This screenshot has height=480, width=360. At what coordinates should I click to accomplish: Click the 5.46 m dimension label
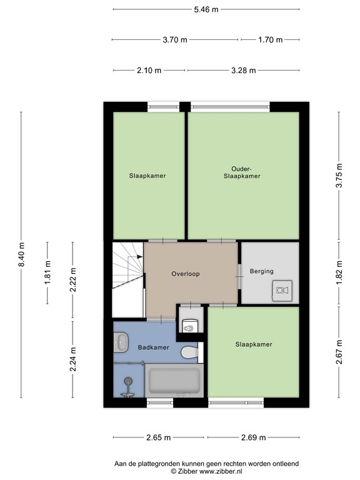[x=206, y=9]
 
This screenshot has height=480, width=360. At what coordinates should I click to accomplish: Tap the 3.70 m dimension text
[x=175, y=40]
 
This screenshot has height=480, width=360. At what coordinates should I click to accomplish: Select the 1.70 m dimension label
[x=271, y=40]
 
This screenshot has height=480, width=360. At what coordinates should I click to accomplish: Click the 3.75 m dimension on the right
[x=339, y=176]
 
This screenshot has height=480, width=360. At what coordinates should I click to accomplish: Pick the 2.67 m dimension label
[x=339, y=351]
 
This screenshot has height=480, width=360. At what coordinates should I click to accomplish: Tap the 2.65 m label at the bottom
[x=159, y=437]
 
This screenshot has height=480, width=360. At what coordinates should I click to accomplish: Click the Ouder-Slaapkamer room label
[x=242, y=172]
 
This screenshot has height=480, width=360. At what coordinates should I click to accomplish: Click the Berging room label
[x=262, y=271]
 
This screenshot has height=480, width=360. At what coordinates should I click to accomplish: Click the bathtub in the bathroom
[x=174, y=380]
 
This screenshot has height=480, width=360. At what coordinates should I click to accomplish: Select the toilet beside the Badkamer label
[x=189, y=353]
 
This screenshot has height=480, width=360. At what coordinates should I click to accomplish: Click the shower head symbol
[x=129, y=382]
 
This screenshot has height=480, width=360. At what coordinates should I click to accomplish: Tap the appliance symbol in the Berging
[x=281, y=289]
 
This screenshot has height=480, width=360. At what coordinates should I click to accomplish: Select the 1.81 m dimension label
[x=48, y=272]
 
